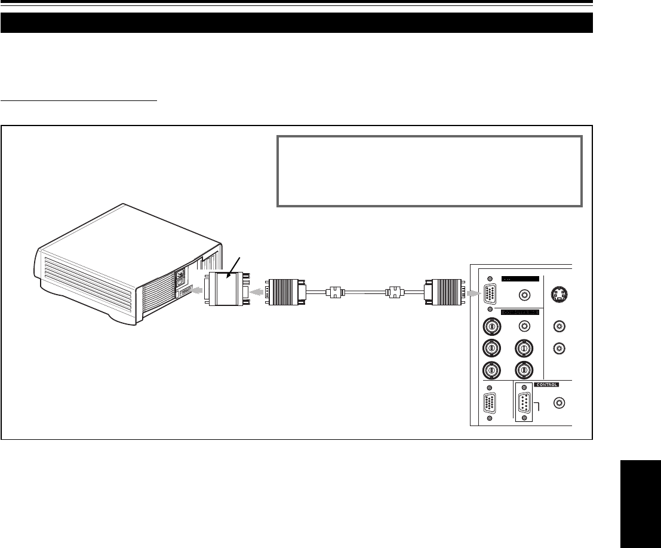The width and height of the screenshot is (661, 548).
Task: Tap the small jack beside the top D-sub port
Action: pos(524,295)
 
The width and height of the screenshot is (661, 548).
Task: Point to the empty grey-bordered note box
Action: pos(429,170)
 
